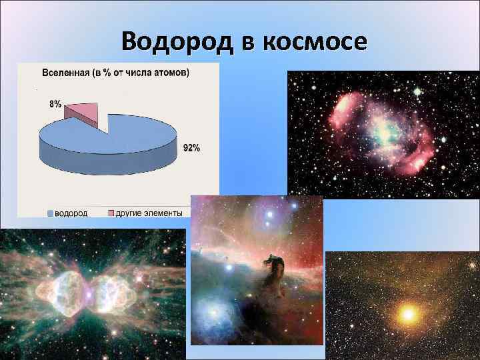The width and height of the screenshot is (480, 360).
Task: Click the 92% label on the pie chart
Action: [191, 147]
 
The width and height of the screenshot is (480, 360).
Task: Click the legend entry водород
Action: [71, 213]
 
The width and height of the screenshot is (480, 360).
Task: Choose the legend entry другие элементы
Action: [148, 213]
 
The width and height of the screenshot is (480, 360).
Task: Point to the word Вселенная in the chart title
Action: [65, 72]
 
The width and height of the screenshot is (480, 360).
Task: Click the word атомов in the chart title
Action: [171, 72]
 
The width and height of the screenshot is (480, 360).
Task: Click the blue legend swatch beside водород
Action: [50, 213]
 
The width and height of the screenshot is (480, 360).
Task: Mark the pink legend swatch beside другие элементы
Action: [111, 213]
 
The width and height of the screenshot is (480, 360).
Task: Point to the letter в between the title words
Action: [246, 41]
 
